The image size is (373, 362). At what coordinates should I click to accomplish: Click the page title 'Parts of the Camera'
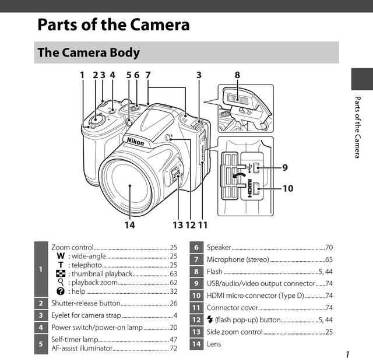tap(113, 25)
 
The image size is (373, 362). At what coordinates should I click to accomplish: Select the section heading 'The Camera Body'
tap(89, 52)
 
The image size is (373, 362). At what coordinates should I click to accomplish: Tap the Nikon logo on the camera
tap(135, 141)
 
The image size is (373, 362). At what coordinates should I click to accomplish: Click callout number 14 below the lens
tap(130, 224)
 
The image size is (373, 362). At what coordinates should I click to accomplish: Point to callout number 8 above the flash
tap(237, 75)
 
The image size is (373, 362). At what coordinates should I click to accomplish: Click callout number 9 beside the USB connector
tap(285, 168)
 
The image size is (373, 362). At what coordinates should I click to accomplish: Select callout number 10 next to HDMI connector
tap(287, 188)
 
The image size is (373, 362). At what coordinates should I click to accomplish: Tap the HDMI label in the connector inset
tap(251, 189)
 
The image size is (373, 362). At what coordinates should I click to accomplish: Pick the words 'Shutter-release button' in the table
tap(86, 303)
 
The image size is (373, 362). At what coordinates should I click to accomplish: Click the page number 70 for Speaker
tap(329, 248)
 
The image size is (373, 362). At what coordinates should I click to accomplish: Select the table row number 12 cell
tap(196, 319)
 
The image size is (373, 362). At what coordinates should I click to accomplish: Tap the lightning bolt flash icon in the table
tap(210, 319)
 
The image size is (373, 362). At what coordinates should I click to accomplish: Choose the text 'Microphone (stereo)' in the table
tap(237, 259)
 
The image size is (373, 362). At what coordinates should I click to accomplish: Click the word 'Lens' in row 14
tap(214, 344)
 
